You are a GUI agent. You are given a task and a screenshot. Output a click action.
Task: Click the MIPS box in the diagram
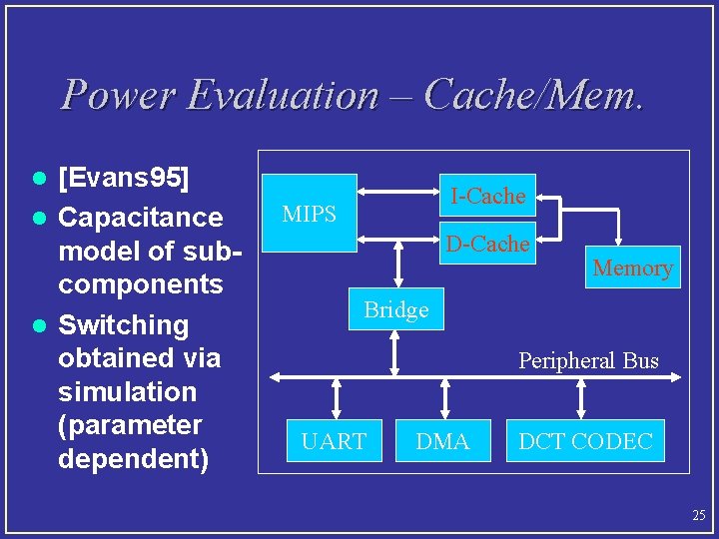coord(310,214)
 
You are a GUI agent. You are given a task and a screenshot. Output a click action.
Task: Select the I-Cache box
coord(487,197)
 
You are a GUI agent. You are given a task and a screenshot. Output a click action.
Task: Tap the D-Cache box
coord(487,244)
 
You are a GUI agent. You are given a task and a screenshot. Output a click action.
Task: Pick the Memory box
coord(632,268)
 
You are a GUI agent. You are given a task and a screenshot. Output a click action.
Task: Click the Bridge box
coord(396,309)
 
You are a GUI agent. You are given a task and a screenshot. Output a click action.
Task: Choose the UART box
coord(334,441)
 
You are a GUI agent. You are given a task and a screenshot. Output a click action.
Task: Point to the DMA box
coord(442,441)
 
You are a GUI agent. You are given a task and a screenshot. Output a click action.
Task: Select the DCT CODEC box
coord(585,441)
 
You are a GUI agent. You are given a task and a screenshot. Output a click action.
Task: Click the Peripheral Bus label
coord(588,360)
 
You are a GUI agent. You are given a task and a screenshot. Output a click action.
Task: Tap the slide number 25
coord(698,515)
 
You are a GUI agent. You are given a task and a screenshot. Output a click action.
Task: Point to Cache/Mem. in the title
coord(533,95)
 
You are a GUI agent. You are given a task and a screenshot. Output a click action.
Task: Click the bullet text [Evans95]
coord(125,180)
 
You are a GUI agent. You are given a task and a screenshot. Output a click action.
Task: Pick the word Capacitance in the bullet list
coord(141,217)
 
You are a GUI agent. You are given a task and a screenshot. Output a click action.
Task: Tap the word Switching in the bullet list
coord(124,324)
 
